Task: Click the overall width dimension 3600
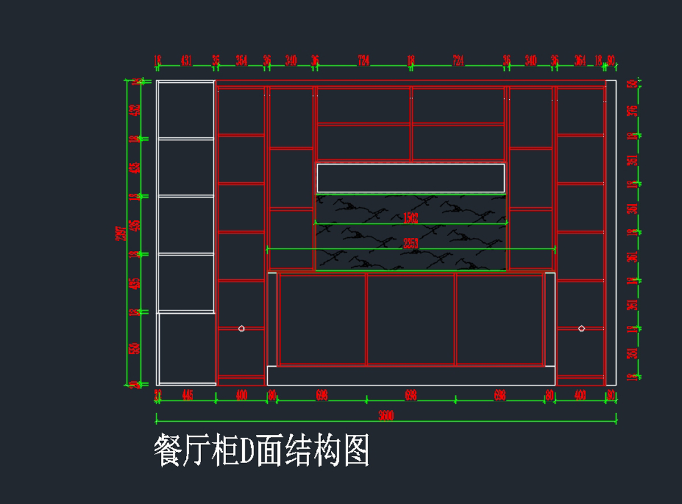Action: (386, 415)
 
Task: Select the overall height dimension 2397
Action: (120, 233)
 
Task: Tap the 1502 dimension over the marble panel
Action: (410, 218)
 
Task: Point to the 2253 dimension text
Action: (410, 243)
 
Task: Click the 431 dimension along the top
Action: (186, 61)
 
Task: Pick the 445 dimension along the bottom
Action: (188, 395)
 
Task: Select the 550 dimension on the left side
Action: (135, 348)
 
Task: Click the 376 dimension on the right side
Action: (631, 110)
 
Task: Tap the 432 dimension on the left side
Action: (135, 110)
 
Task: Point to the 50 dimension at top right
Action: (631, 84)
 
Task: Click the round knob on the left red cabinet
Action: (242, 329)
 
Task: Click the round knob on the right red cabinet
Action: (581, 329)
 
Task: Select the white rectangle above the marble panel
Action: (410, 178)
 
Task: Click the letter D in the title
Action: (246, 451)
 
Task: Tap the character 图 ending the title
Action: (356, 451)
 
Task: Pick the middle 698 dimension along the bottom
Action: (410, 395)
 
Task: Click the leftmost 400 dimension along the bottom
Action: (242, 395)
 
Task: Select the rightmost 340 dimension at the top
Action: (531, 61)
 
